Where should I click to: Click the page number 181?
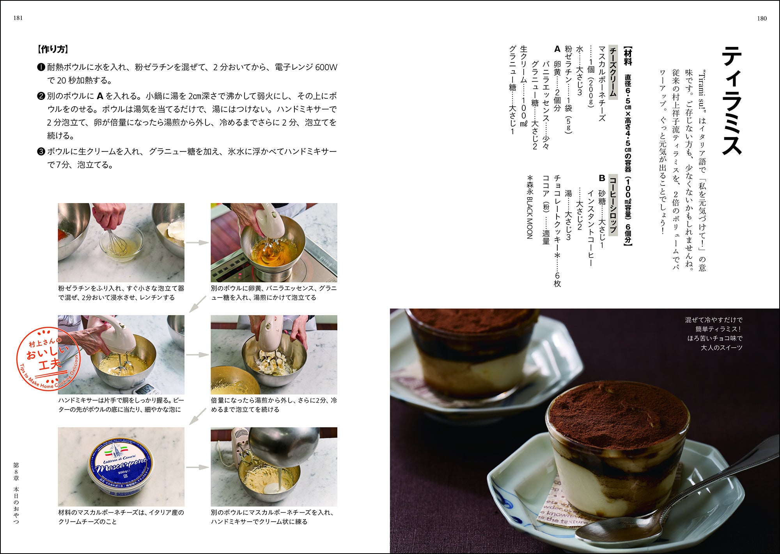click(x=18, y=18)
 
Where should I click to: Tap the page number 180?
click(x=761, y=18)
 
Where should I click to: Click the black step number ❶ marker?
click(x=41, y=68)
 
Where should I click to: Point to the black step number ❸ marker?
click(x=41, y=151)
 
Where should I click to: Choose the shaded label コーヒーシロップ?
click(x=613, y=205)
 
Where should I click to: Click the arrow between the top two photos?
click(x=197, y=242)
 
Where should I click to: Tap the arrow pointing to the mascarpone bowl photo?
click(x=197, y=467)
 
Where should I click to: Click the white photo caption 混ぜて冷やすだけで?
click(x=714, y=320)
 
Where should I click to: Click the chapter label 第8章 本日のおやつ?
click(x=16, y=493)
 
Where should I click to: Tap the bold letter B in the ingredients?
click(x=602, y=178)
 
